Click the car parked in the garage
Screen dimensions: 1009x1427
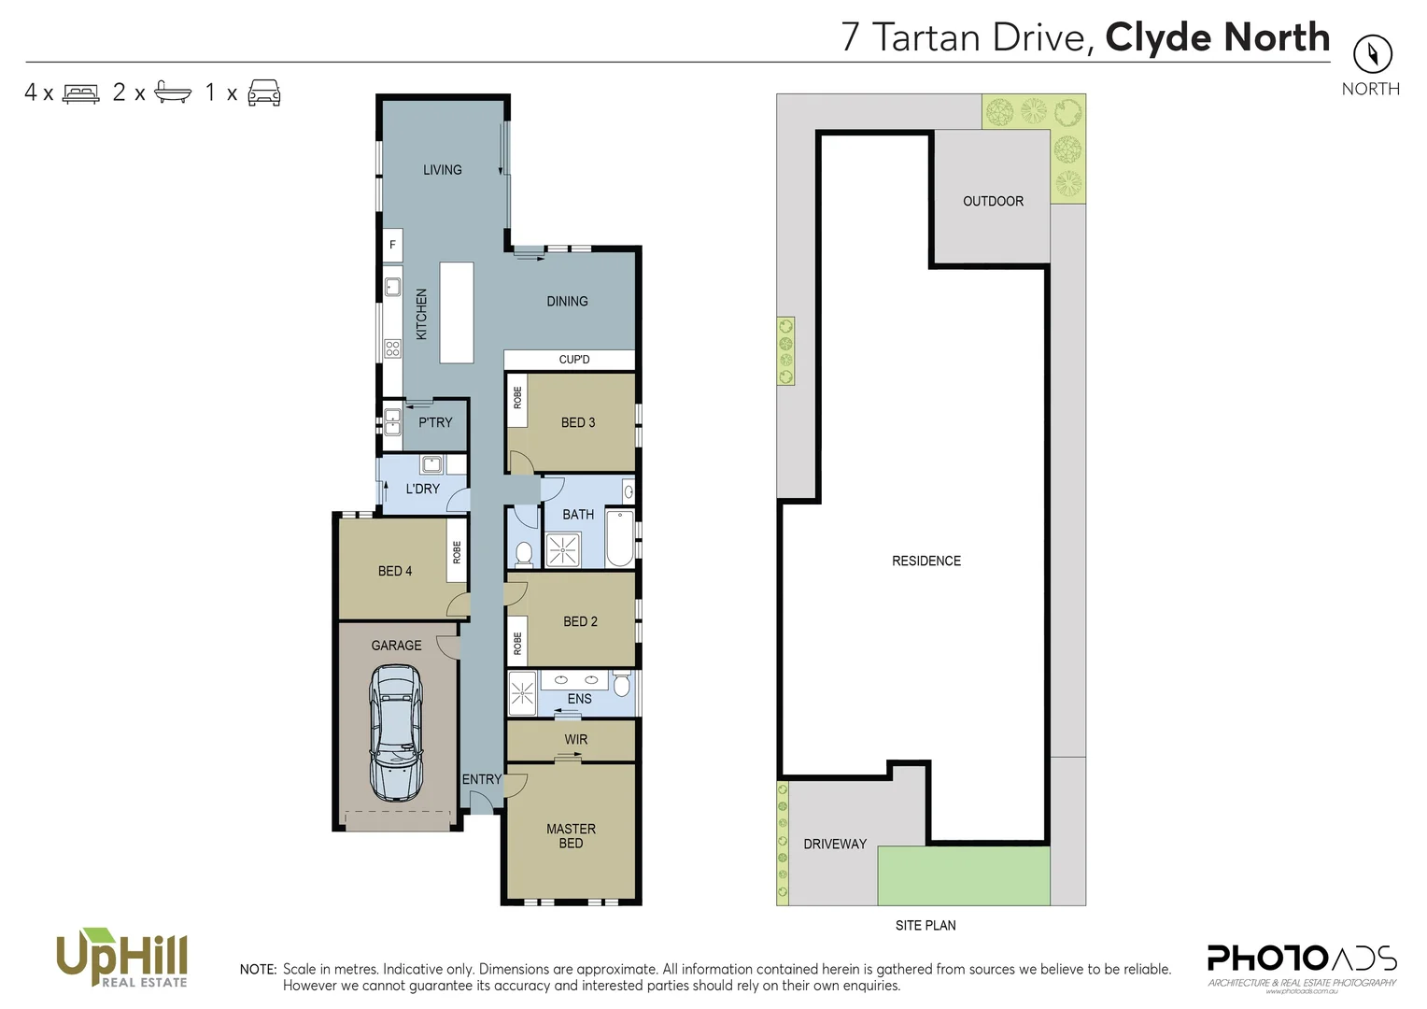coord(396,732)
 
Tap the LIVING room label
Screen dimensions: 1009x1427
coord(442,170)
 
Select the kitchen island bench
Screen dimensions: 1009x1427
coord(457,312)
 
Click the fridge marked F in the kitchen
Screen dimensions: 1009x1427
coord(392,245)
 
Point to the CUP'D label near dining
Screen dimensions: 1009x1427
coord(573,360)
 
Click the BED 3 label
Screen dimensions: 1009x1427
coord(577,422)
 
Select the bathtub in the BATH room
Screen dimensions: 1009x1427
coord(619,538)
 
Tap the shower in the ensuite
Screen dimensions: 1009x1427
coord(522,693)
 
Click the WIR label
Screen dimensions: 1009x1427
coord(575,740)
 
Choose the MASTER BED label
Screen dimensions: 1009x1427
coord(571,836)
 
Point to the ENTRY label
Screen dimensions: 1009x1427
coord(482,779)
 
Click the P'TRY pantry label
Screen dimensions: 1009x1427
coord(435,422)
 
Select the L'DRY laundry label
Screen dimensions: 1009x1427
coord(422,489)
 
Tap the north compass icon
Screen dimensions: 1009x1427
coord(1372,54)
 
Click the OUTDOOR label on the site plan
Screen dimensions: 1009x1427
coord(993,201)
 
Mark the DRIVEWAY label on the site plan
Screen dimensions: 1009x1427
coord(835,844)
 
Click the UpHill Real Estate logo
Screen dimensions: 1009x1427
coord(122,958)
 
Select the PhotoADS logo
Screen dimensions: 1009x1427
coord(1302,962)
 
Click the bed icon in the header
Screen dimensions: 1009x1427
coord(80,93)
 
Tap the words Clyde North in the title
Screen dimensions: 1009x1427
coord(1217,37)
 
